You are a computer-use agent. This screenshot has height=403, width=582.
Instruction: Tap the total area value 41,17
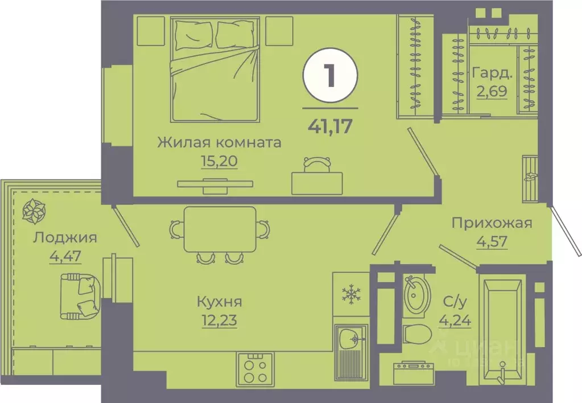(330, 124)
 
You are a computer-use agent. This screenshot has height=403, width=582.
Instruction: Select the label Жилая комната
(219, 142)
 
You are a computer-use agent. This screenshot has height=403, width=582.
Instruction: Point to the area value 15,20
(219, 161)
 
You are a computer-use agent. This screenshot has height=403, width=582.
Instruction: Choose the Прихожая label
(492, 223)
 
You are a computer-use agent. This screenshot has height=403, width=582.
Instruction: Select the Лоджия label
(65, 237)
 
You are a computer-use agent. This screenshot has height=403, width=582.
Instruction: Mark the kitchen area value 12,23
(218, 320)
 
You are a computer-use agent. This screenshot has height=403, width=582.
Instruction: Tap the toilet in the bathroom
(416, 336)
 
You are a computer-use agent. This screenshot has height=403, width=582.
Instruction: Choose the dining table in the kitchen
(220, 229)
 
